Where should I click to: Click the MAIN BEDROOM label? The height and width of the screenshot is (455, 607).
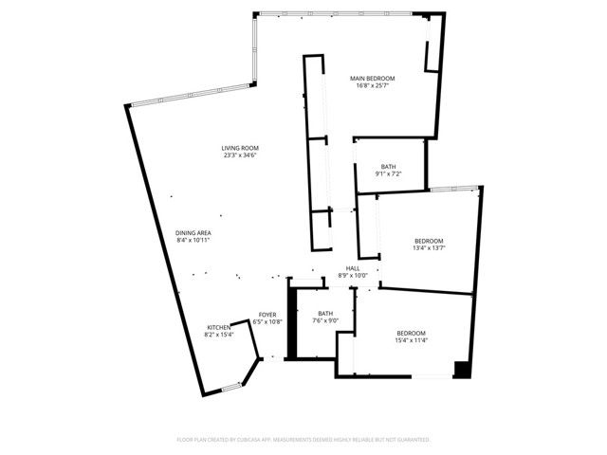pos(372,78)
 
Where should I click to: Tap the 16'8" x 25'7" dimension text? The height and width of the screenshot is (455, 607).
pos(372,85)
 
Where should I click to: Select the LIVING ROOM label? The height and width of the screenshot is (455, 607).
pos(240,148)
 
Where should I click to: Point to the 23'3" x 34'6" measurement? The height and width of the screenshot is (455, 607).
pos(240,155)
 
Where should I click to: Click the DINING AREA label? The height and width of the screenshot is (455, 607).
pos(193,232)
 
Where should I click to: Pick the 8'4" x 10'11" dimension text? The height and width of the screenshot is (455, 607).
pos(193,240)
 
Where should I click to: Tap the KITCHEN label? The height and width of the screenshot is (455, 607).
pos(219,327)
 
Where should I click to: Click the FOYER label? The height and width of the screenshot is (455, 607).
pos(267,314)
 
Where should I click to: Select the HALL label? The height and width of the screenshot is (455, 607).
pos(352,268)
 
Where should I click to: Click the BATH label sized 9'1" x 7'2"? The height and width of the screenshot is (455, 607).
pos(389,167)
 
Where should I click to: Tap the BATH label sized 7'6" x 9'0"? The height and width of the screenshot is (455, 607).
pos(325,314)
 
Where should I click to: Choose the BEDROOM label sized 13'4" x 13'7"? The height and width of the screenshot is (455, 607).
pos(429,241)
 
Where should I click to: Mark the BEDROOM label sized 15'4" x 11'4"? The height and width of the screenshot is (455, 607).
pos(411,333)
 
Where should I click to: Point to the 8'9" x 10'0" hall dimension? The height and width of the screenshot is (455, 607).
pos(352,276)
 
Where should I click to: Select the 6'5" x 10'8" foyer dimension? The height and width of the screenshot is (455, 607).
pos(267,321)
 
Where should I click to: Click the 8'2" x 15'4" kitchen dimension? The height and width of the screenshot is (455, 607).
pos(219,335)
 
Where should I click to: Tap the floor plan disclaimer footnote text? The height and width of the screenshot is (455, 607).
pos(303,440)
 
